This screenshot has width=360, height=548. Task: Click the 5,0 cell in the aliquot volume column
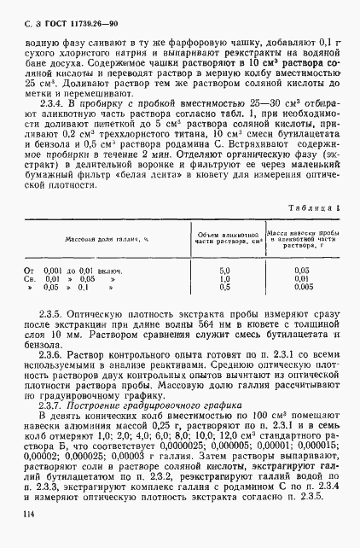pyautogui.click(x=223, y=270)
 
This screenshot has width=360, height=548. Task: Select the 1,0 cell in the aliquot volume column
pyautogui.click(x=223, y=278)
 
